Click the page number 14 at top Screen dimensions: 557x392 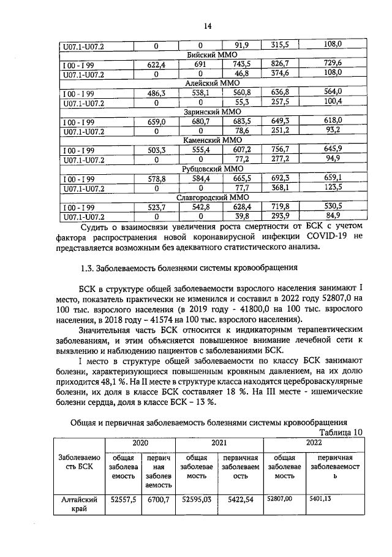[x=208, y=26]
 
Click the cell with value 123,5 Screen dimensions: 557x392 [x=332, y=188]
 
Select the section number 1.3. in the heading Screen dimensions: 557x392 [x=90, y=268]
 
